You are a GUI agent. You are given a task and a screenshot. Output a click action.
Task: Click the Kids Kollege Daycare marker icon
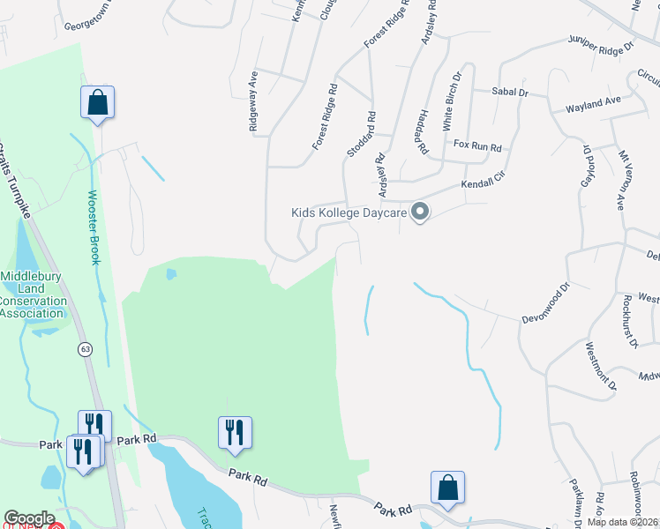pyautogui.click(x=421, y=212)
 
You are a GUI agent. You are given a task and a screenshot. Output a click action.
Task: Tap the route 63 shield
pyautogui.click(x=85, y=349)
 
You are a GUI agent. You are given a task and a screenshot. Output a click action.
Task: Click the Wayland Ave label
pyautogui.click(x=595, y=104)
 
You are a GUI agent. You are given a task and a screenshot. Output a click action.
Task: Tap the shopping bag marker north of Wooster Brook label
pyautogui.click(x=97, y=101)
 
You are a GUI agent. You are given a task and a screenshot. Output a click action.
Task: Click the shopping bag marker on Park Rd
pyautogui.click(x=447, y=487)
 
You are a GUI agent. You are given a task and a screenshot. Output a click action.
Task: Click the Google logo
pyautogui.click(x=29, y=518)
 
